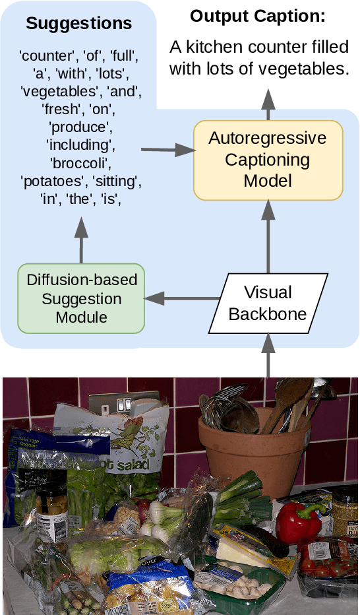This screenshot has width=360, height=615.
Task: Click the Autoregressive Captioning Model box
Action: pos(268,160)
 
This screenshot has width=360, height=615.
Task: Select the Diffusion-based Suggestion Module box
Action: pos(82,298)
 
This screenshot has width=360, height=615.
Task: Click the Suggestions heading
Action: pos(78,24)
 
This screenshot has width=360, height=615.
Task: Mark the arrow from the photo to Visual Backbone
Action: pos(268,356)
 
